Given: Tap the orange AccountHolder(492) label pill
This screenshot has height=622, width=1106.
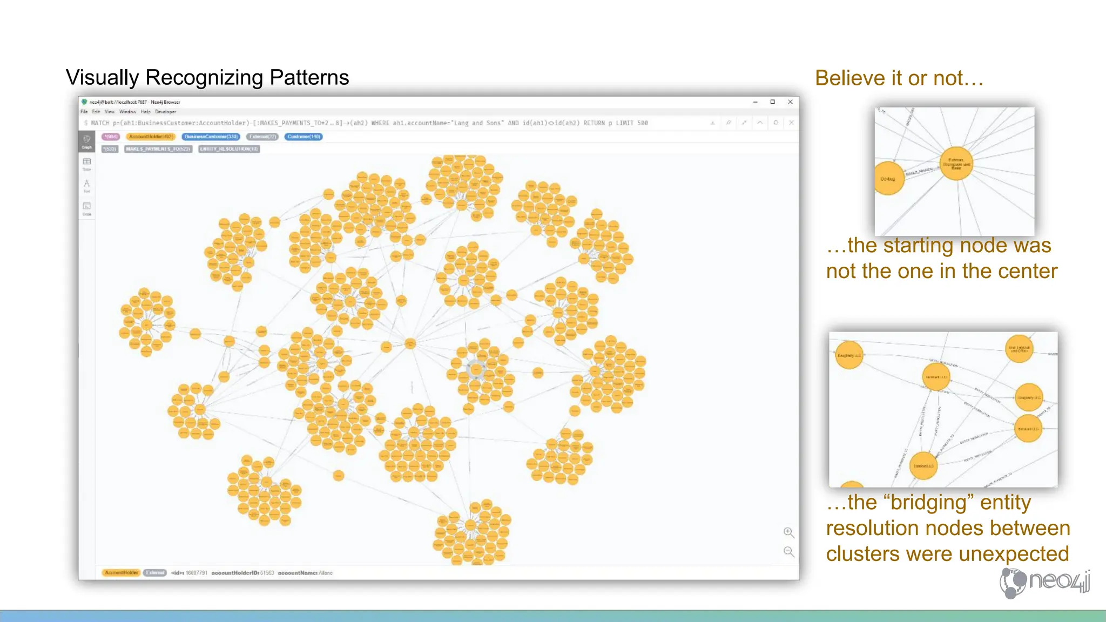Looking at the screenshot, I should coord(151,137).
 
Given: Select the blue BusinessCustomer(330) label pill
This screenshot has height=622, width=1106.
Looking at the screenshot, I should coord(211,137).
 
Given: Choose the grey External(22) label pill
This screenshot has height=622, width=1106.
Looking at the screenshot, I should coord(262,137).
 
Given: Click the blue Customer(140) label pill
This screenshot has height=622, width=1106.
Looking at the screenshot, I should coord(304,137).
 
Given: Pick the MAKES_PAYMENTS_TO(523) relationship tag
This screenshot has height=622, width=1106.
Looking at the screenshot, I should coord(158,149).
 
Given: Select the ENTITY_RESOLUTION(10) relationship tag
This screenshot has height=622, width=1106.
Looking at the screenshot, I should coord(229,149).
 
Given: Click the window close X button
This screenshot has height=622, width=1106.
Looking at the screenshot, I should coord(790,102).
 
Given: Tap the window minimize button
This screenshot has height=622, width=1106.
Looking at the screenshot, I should coord(756,102).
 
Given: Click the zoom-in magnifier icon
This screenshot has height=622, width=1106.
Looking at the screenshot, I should coord(788,532).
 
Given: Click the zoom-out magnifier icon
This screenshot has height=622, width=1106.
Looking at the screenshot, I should coord(788,551).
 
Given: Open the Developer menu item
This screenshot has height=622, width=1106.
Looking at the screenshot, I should coord(165,112).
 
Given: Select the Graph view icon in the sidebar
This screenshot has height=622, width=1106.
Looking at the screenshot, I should coord(87,140).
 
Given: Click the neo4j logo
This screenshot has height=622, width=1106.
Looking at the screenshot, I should coord(1044,582).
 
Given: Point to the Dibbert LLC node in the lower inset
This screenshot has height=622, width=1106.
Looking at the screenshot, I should coord(923,465).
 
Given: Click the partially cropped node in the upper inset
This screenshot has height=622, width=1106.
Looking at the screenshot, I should coord(888,178).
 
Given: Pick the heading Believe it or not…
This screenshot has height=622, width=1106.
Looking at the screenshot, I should coord(899,78).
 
